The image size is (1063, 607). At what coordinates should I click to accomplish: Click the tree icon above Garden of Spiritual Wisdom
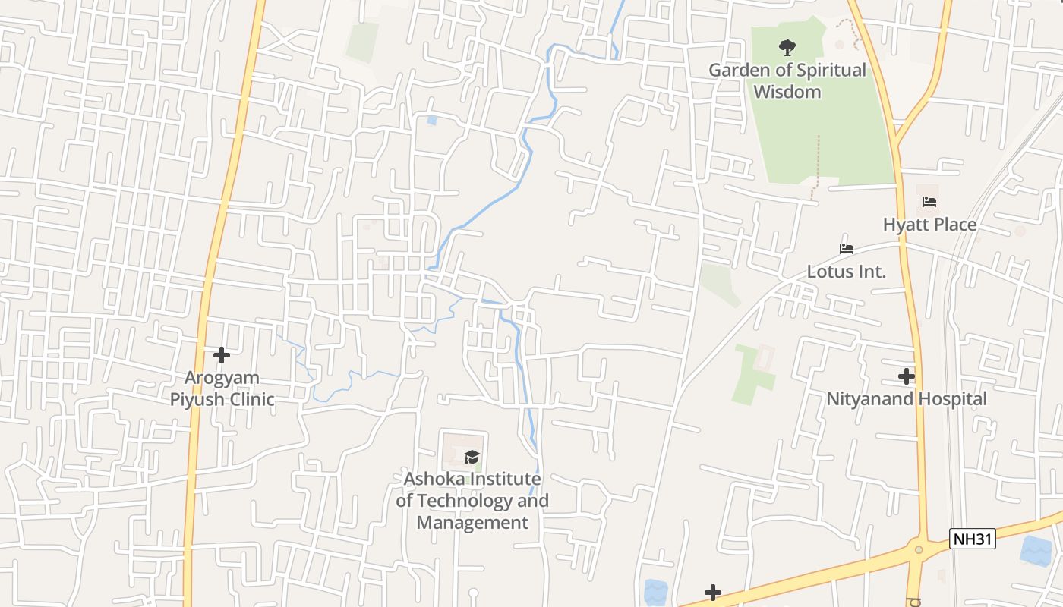coord(787,48)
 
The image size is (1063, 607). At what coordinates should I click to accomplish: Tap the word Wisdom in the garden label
coord(787,92)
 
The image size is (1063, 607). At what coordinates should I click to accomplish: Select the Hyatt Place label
coord(929,225)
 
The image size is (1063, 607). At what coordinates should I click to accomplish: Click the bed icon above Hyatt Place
coord(929,202)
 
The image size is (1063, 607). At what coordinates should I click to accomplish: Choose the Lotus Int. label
coord(846,272)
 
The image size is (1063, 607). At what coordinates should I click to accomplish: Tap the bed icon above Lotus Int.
coord(847,249)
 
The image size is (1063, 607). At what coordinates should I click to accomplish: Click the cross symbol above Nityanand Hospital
coord(906,376)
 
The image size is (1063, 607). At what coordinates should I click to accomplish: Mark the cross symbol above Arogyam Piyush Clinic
coord(222,354)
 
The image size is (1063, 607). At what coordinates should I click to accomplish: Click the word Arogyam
coord(222,378)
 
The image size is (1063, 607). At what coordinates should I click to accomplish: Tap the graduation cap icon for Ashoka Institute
coord(472,456)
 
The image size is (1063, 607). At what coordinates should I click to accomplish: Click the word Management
coord(472,523)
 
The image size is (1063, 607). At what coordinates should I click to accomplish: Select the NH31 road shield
coord(973,539)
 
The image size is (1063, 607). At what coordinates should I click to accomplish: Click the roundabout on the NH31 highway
coord(919,549)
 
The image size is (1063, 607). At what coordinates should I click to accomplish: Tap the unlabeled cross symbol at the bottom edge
coord(712,593)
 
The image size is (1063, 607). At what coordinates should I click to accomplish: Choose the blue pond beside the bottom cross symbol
coord(654,591)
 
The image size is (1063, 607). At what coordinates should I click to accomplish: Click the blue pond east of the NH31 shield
coord(1036,550)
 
